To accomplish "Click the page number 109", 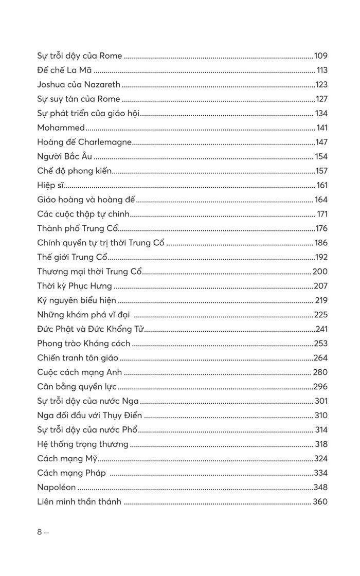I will pos(320,56).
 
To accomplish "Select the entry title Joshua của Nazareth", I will pos(79,85).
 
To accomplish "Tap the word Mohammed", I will pos(61,128).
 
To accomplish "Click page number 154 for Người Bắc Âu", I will pos(321,157).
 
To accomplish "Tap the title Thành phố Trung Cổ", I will pos(78,229).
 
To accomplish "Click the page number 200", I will pos(320,272).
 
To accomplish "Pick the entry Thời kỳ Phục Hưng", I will pos(75,286).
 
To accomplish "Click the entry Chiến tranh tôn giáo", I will pos(78,358).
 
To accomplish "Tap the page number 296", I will pos(320,387).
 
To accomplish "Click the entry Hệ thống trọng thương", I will pos(83,445).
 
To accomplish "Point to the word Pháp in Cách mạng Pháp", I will pos(94,474).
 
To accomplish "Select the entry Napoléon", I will pos(57,488).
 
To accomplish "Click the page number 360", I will pos(320,502).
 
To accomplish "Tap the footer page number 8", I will pos(40,533).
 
